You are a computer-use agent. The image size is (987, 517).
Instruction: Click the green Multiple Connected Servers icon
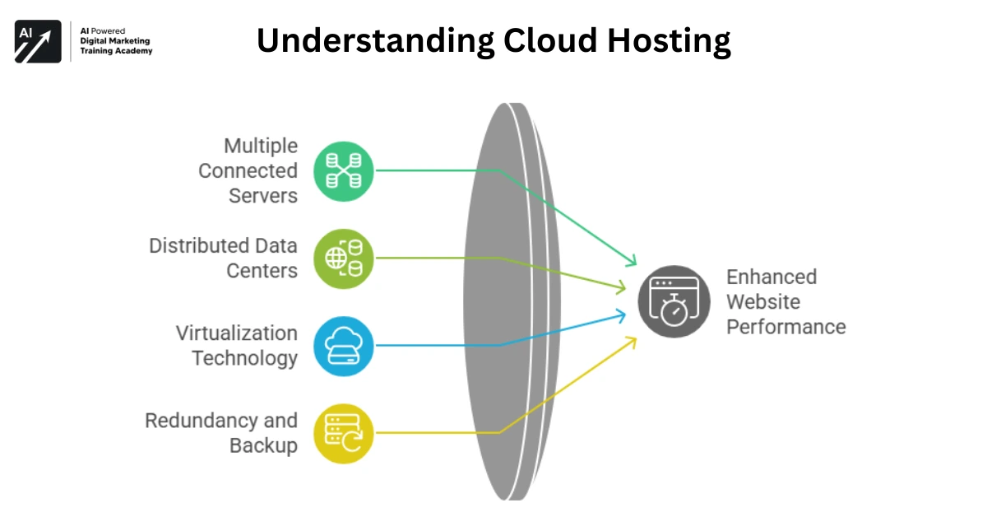point(344,171)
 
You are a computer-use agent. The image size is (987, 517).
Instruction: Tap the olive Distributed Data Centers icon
point(344,258)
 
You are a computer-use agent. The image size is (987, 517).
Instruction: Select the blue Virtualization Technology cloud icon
point(344,346)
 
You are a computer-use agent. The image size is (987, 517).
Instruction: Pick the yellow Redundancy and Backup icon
point(344,433)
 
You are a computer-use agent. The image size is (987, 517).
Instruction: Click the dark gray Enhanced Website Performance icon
point(674,302)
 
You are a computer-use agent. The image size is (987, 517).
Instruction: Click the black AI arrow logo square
point(38,41)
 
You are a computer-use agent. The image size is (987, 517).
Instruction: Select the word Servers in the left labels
point(263,196)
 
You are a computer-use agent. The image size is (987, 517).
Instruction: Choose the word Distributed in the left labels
point(200,245)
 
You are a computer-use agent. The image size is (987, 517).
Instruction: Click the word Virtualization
point(237,333)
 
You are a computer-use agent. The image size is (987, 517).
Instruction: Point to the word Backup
point(263,445)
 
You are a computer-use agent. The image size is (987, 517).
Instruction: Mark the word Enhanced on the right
point(772,277)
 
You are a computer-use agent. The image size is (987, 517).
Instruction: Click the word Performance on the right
point(785,327)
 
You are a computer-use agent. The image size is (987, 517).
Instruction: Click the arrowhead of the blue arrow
point(630,313)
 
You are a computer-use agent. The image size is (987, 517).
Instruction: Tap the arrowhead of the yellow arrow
point(632,340)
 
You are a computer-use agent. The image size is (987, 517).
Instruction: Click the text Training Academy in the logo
point(116,51)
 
